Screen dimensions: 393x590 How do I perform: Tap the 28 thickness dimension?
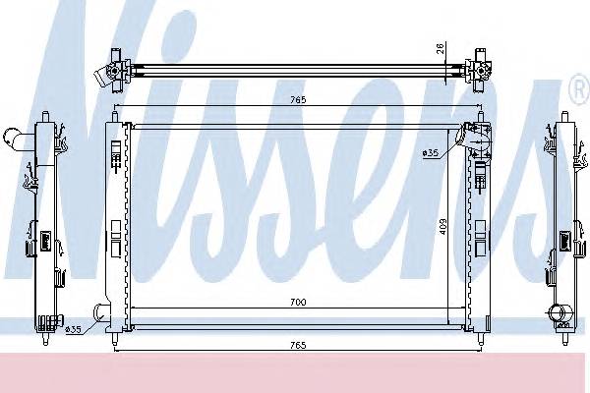click(x=442, y=48)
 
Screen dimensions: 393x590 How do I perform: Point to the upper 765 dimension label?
click(x=296, y=100)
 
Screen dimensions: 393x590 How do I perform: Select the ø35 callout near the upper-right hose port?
click(x=430, y=152)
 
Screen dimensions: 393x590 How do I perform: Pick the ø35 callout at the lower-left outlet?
click(x=73, y=328)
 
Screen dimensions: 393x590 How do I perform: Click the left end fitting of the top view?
click(x=107, y=68)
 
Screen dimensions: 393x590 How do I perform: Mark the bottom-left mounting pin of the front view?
click(x=117, y=340)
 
